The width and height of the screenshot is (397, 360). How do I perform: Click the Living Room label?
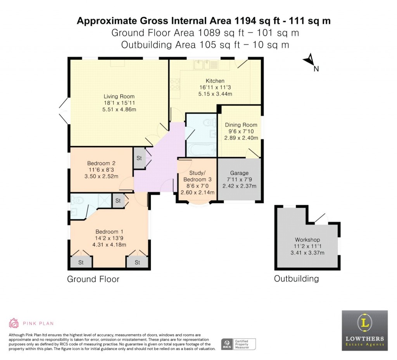(119, 97)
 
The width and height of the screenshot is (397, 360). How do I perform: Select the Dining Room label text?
(241, 125)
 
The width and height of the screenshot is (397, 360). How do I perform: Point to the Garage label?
(239, 173)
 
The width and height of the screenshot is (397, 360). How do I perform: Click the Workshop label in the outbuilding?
(307, 240)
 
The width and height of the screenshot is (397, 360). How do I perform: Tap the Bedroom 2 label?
(101, 163)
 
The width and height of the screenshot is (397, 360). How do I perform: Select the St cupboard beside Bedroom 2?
(139, 158)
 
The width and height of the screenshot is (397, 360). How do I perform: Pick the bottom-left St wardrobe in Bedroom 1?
(81, 262)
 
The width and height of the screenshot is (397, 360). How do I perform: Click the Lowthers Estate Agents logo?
(364, 331)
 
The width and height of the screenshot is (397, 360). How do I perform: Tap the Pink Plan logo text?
(38, 323)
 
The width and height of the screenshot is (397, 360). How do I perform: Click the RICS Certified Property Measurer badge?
(238, 344)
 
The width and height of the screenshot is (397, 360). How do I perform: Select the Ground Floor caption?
(93, 279)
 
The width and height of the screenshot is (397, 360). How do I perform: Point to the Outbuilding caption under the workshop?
(296, 279)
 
